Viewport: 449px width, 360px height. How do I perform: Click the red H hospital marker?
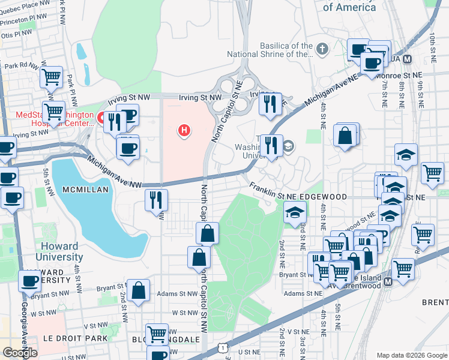tap(185, 130)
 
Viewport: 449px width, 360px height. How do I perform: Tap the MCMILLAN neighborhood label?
tap(84, 190)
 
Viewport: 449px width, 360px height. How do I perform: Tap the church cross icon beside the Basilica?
tap(322, 49)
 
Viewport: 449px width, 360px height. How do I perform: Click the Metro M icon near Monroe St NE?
tap(408, 59)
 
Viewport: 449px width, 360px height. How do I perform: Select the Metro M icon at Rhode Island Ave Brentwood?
tap(388, 281)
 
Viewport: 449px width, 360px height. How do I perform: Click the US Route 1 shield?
tap(223, 347)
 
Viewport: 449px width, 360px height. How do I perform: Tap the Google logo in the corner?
tap(20, 352)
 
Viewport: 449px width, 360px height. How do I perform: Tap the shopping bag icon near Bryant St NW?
tap(139, 291)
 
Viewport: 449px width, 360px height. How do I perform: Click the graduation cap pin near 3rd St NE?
tap(295, 212)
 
